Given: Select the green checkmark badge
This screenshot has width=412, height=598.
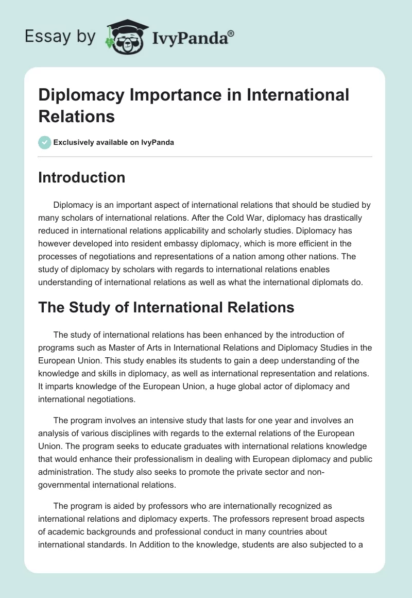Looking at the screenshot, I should pos(44,142).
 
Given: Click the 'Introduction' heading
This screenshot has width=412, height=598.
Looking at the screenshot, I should pos(82,177).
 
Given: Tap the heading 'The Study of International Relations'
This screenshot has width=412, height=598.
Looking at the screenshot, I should pos(166,308).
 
